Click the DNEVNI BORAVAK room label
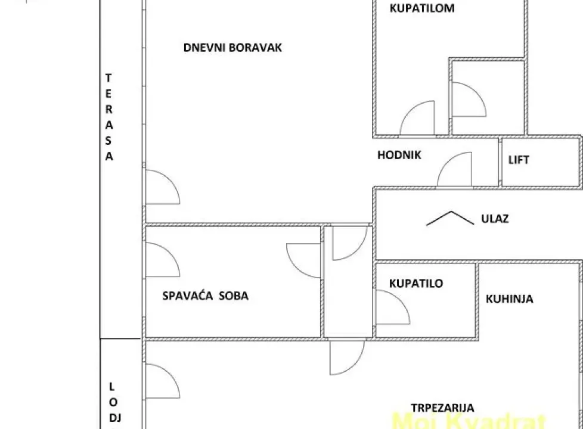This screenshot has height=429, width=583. pos(232,48)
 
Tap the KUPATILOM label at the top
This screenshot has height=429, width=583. pos(421,8)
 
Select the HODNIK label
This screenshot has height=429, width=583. pos(399,156)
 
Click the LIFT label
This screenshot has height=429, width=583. pos(519,160)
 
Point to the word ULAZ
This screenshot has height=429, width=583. pos(495,219)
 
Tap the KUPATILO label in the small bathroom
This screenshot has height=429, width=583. pos(416,284)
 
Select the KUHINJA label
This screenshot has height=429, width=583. pos(509,299)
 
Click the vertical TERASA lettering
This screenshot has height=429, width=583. pos(109,117)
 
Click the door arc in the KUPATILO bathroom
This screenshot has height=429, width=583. pos(392,306)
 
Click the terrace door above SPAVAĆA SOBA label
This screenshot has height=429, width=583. pos(162,260)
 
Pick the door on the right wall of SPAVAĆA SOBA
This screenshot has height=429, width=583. pos(304,260)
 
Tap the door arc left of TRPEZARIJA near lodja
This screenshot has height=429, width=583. pos(162,381)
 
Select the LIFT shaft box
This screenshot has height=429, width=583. pos(541,161)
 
